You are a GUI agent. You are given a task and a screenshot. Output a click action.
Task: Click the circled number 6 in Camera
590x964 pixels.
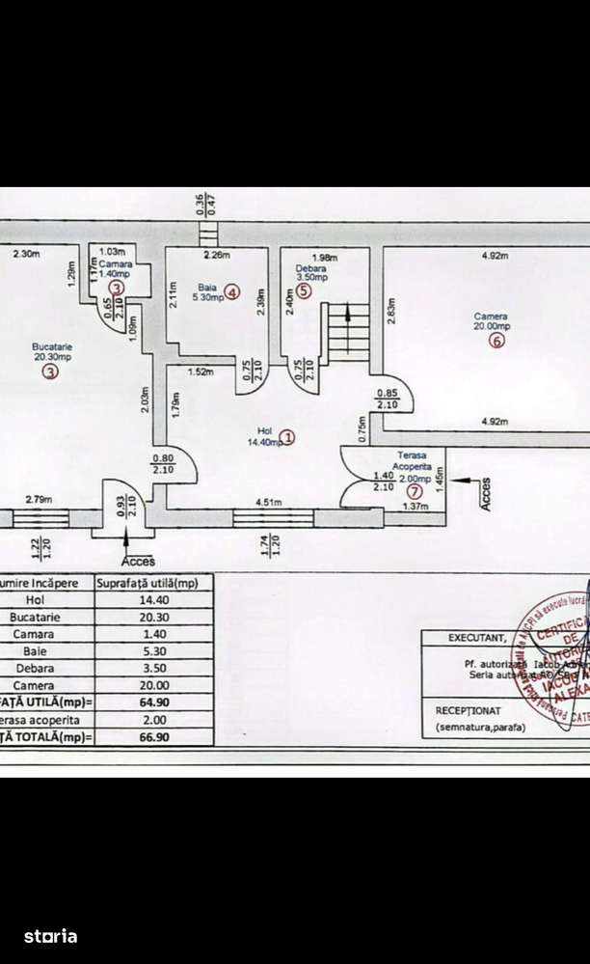click(x=496, y=341)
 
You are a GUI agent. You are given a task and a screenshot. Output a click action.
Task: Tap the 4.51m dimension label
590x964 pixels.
click(x=269, y=501)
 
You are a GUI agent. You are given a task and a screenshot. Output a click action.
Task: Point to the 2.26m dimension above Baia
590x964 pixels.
click(x=217, y=256)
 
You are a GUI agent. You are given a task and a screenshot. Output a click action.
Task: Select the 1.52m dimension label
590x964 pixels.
click(x=201, y=372)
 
